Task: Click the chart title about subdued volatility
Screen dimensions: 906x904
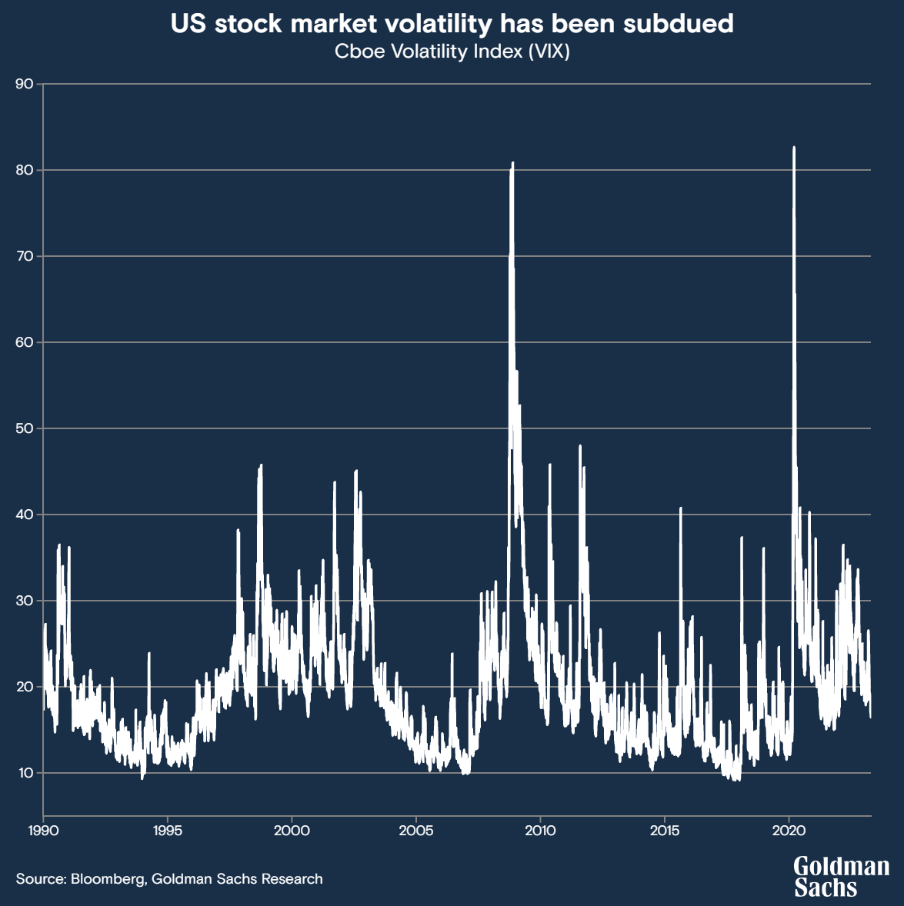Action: point(452,24)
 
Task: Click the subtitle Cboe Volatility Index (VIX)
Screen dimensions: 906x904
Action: point(452,52)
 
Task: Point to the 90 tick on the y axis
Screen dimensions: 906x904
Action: point(25,84)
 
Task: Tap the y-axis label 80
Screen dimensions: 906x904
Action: point(25,170)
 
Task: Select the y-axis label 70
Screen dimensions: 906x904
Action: point(25,256)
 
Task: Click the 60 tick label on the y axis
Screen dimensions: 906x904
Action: point(25,342)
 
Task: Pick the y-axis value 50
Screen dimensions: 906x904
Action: point(25,428)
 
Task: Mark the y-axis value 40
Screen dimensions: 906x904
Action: point(25,515)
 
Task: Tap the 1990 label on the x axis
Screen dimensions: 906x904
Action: point(43,831)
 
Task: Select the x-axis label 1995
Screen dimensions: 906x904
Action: point(167,831)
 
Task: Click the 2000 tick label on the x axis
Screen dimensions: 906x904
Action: point(292,831)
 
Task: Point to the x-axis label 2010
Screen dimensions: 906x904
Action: point(540,831)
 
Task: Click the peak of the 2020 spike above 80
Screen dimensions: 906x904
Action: point(794,148)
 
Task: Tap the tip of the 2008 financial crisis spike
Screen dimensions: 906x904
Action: point(512,163)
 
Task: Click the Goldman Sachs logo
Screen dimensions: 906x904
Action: point(841,877)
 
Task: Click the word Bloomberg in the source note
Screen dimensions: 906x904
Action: point(107,878)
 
